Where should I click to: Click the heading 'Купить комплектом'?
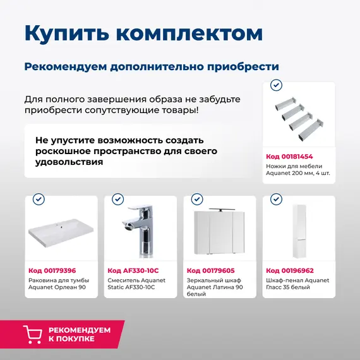[143, 33]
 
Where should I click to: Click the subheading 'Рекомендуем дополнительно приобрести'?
[152, 66]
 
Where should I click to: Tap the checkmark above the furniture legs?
[276, 85]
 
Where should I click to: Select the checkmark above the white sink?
[39, 200]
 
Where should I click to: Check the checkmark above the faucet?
[117, 200]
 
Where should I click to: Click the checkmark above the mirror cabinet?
[196, 200]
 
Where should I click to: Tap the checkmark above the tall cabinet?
[275, 200]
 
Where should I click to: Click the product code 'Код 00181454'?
[289, 156]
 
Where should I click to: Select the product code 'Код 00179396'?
[52, 270]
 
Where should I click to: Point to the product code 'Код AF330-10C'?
[133, 270]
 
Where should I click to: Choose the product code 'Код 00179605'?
[210, 270]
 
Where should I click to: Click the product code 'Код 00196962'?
[289, 270]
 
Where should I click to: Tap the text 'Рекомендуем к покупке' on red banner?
[79, 334]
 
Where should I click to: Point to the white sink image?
[61, 235]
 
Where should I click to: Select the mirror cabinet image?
[219, 232]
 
